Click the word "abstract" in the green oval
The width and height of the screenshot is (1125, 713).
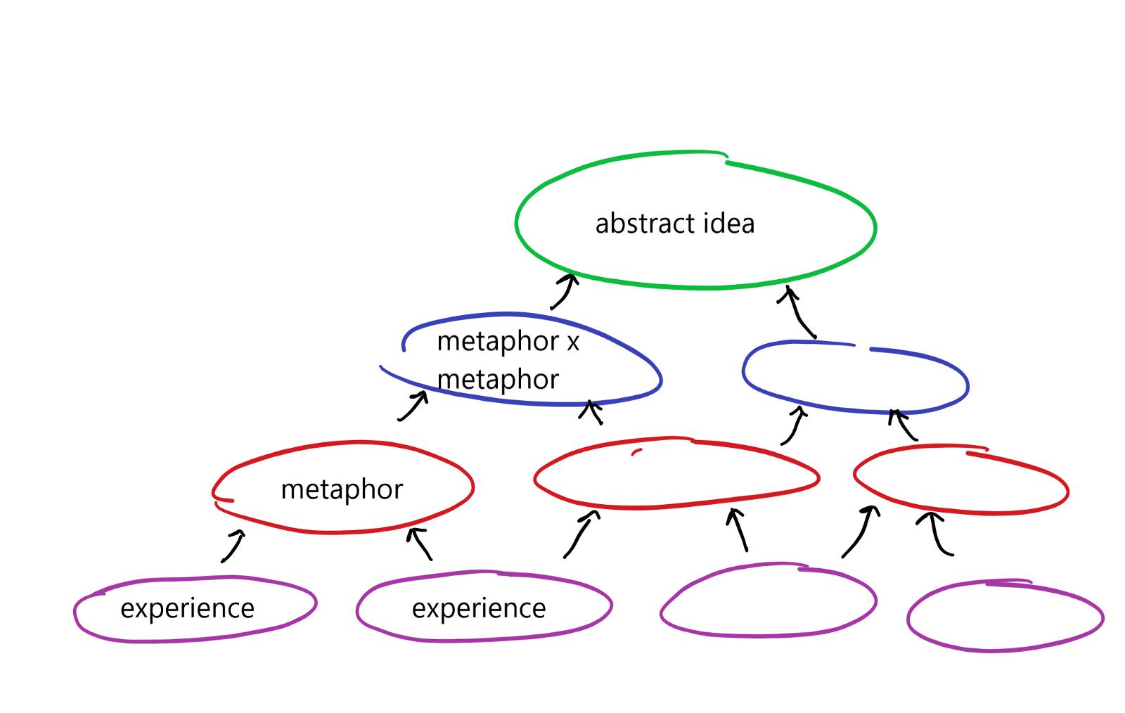[x=636, y=224]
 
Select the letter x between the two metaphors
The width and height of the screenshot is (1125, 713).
[x=573, y=342]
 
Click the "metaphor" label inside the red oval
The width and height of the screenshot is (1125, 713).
[x=342, y=489]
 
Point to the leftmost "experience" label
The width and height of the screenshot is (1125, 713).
[x=187, y=608]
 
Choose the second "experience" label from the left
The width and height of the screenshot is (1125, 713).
[x=479, y=608]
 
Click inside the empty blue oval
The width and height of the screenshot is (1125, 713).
[x=855, y=380]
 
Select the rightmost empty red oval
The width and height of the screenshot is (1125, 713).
[x=960, y=482]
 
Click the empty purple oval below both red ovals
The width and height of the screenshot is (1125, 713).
[x=768, y=601]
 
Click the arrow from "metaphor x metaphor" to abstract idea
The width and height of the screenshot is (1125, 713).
[x=564, y=291]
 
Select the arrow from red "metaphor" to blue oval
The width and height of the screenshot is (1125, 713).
[x=413, y=406]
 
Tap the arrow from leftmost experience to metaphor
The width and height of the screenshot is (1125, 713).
[x=233, y=546]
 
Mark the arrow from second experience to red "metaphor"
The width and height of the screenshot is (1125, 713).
[x=420, y=544]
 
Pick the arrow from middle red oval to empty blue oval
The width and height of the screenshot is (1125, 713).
[x=794, y=425]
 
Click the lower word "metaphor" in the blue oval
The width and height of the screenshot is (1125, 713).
[x=498, y=380]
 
